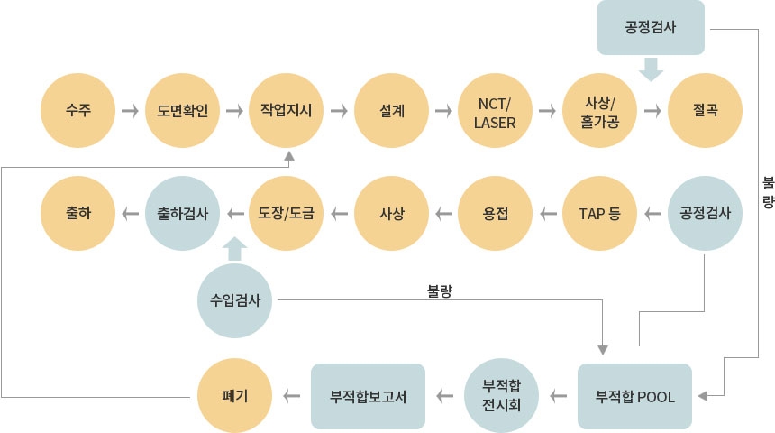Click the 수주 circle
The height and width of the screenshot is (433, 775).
point(77,111)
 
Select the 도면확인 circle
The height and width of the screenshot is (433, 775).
point(182,111)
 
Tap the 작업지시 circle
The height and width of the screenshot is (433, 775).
point(287,111)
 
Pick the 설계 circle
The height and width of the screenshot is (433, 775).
point(392,111)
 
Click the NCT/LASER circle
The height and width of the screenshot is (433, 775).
point(497,111)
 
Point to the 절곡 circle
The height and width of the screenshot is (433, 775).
point(706,111)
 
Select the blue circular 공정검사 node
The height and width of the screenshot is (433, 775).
point(706,214)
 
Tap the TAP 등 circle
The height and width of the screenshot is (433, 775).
point(601,214)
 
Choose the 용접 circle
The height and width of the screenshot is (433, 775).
point(497,214)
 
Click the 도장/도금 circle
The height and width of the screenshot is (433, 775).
point(287,214)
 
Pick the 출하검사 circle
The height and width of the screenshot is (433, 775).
point(182,214)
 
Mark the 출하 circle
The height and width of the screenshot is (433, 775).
point(77,214)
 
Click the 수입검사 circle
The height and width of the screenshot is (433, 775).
point(234,299)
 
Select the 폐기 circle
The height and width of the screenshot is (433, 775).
point(234,395)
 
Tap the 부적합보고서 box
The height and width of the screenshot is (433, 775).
point(368,395)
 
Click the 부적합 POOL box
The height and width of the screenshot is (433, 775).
point(634,395)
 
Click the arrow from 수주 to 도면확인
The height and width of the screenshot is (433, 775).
point(130,111)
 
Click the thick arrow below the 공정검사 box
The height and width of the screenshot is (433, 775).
point(652,69)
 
